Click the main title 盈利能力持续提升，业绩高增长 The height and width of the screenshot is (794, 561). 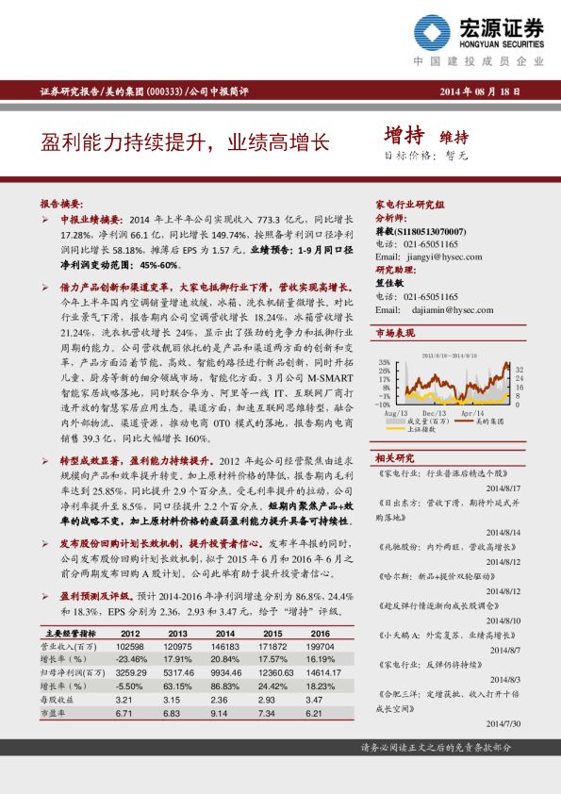(x=185, y=142)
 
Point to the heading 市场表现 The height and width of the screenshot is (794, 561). (x=395, y=333)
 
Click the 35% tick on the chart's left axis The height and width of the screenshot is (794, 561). (x=384, y=362)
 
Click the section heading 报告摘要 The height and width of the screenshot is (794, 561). (x=62, y=204)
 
